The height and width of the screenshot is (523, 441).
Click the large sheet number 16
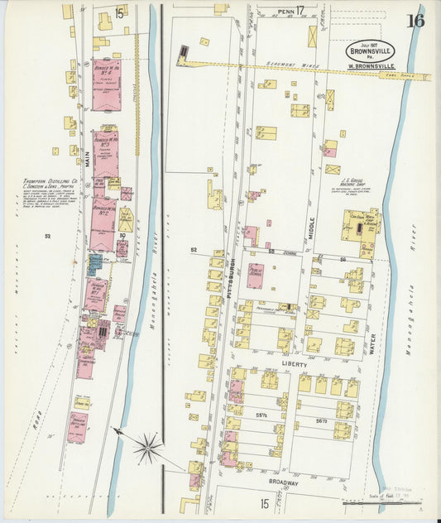point(415,21)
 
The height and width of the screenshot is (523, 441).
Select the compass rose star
point(147,448)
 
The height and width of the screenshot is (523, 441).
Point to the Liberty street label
point(295,364)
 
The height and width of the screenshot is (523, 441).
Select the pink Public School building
point(255,275)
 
